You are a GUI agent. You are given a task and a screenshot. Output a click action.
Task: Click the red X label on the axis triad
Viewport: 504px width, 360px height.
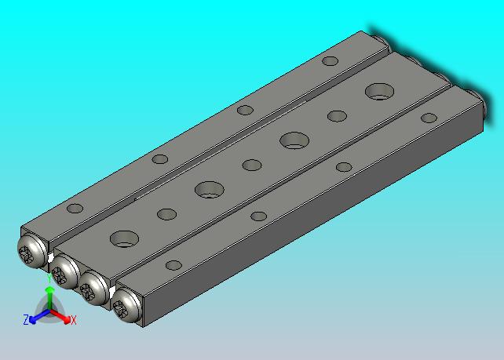[74, 320]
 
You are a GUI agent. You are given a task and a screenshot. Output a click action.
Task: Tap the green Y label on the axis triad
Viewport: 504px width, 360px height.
[49, 278]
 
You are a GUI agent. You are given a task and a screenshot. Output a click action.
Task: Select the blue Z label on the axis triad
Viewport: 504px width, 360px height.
[26, 320]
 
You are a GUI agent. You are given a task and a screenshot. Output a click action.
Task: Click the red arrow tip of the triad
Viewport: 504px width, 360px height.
[67, 320]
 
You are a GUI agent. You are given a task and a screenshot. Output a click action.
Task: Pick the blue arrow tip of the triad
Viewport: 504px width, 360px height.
[32, 320]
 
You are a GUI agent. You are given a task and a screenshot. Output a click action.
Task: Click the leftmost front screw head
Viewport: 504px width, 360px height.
[31, 251]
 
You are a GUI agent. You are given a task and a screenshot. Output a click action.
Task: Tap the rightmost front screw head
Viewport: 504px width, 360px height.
[126, 305]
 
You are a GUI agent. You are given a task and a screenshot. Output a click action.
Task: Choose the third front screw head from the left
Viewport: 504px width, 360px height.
[93, 288]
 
